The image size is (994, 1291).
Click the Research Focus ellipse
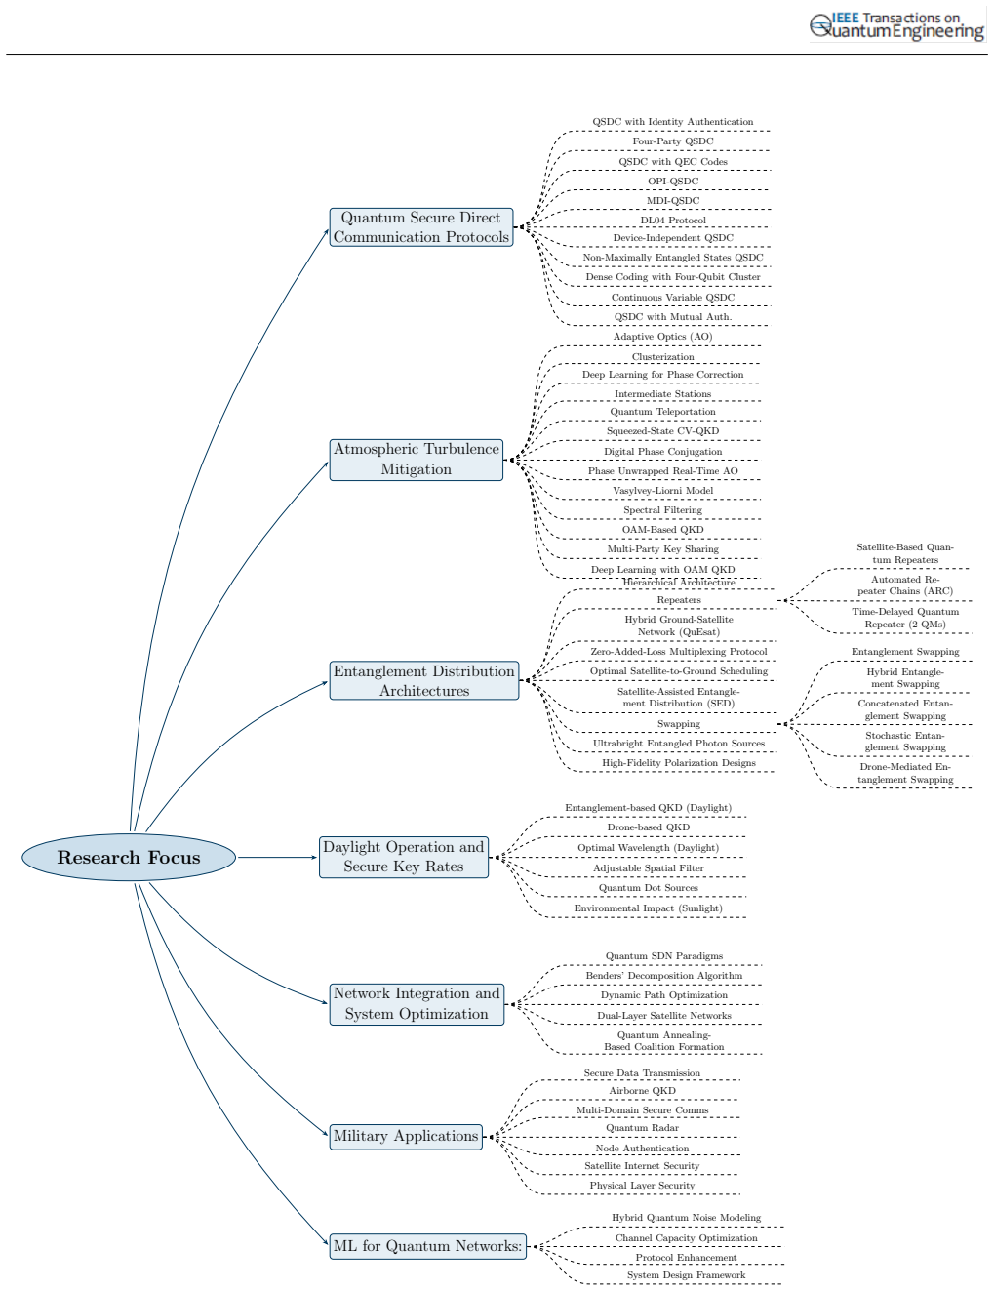tap(129, 857)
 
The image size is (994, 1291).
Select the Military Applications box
tap(406, 1137)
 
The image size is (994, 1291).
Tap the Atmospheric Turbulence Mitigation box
tap(417, 460)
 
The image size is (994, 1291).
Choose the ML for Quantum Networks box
tap(427, 1246)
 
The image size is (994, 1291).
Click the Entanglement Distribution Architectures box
tap(424, 680)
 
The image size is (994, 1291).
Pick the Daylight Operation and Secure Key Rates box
tap(404, 857)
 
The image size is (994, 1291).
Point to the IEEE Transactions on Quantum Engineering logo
tap(897, 26)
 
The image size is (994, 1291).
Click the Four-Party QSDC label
tap(673, 141)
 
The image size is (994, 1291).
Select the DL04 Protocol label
tap(673, 221)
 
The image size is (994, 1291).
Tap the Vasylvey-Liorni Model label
tap(662, 491)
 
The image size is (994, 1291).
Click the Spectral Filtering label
tap(662, 510)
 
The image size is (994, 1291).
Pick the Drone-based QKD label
tap(649, 827)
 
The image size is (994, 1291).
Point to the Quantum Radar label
tap(642, 1128)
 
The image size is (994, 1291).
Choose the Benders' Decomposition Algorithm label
tap(664, 976)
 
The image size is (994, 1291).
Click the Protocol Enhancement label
tap(686, 1258)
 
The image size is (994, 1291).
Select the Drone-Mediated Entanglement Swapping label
tap(905, 773)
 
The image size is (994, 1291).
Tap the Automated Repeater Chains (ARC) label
tap(905, 585)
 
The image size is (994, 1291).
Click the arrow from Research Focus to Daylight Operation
tap(277, 857)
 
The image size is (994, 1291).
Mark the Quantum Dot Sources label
tap(649, 888)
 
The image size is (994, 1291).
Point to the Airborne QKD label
tap(642, 1091)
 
